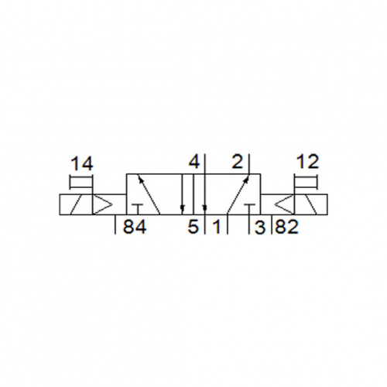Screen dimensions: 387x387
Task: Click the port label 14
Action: pos(82,164)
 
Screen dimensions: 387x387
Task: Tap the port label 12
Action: pos(308,162)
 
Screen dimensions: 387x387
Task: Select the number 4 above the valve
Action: pos(194,162)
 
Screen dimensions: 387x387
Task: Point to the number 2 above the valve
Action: pos(238,162)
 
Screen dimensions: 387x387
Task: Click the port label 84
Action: pos(135,227)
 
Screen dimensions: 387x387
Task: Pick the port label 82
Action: pos(286,227)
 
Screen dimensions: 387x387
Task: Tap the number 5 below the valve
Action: pos(193,227)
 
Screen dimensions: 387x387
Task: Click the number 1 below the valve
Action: pos(217,227)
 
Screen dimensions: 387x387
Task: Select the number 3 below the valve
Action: pos(259,227)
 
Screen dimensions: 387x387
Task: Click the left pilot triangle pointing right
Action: pos(102,204)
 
